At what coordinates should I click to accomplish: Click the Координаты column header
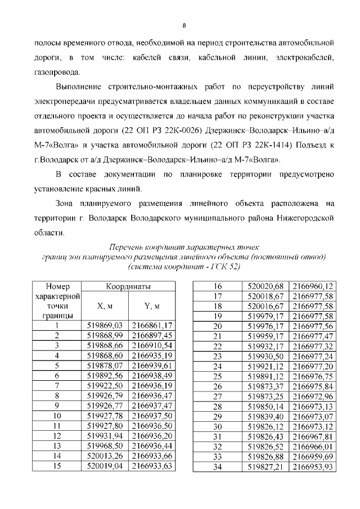[x=129, y=287]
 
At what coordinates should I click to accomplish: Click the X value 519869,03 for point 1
[x=106, y=325]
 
